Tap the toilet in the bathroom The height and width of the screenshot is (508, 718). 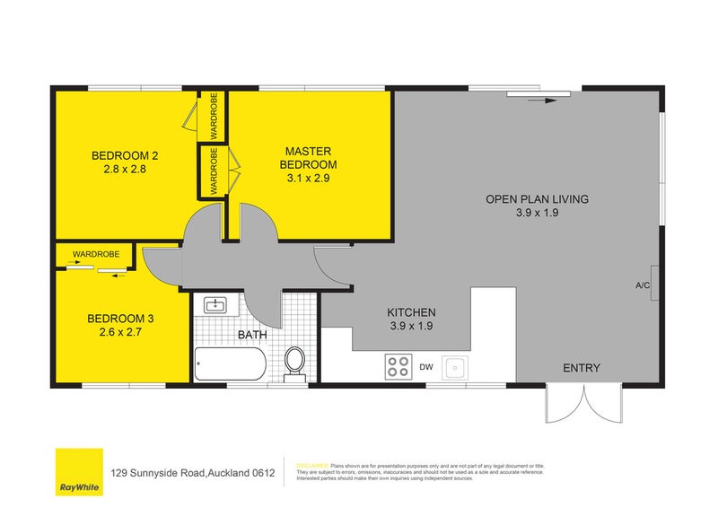point(294,363)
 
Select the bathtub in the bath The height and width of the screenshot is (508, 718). point(231,365)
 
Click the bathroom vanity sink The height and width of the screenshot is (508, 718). point(216,306)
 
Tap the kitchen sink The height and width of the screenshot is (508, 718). point(455,366)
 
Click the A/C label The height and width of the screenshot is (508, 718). point(643,285)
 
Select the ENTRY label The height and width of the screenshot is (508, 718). point(582,368)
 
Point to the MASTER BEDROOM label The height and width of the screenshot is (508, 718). point(308,158)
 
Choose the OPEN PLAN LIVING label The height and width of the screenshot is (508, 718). point(537,199)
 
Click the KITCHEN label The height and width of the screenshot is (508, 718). point(411,311)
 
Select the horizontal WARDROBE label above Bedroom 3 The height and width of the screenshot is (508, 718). point(96,254)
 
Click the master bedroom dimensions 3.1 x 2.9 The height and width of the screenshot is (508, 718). point(308,179)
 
